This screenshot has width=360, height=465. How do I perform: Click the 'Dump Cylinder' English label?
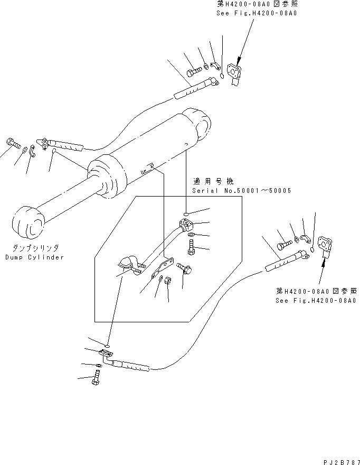point(34,257)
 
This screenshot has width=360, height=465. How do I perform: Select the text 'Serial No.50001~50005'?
point(241,190)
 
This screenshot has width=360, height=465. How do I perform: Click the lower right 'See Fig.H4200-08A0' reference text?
point(316,301)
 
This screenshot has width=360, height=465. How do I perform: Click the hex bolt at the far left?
point(12,143)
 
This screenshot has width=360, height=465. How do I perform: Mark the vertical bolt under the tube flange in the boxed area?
point(191,247)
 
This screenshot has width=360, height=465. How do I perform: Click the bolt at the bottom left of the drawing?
point(97,377)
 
